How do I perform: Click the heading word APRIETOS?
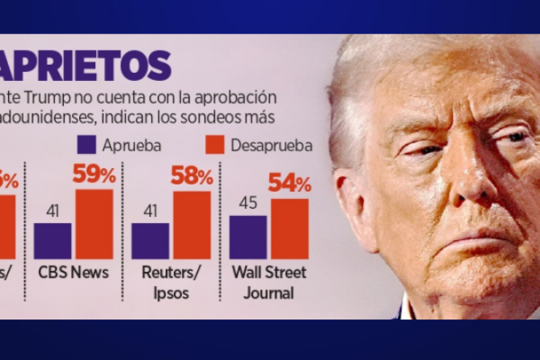point(85,65)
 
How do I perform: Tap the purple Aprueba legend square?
point(87,145)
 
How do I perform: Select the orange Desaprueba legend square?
point(214,145)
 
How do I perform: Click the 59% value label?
point(94,175)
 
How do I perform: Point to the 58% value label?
point(192,175)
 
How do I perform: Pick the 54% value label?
point(290,184)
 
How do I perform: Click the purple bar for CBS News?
point(53,240)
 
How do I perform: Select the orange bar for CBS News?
point(94,224)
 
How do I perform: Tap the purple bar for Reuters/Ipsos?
point(150,240)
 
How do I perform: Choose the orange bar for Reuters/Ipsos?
point(192,225)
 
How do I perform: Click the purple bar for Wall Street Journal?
point(247,237)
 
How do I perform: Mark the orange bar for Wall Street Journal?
point(289,229)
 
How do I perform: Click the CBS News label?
point(74,273)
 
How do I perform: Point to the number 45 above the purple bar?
point(247,203)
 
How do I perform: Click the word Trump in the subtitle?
point(49,97)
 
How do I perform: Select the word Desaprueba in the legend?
point(271,145)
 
